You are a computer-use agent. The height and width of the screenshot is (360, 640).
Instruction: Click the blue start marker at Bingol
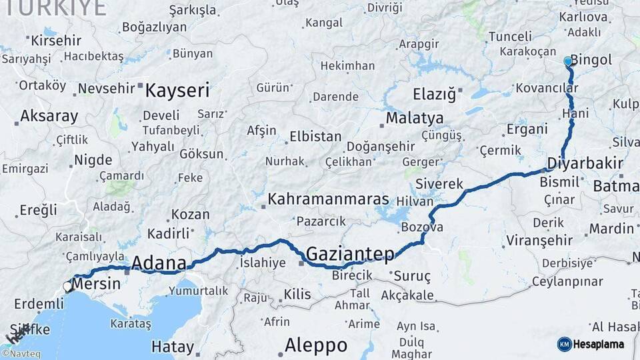click(568, 61)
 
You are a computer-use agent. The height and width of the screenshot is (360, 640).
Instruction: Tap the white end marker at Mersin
click(67, 287)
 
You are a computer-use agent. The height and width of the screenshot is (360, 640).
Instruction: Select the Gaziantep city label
click(349, 253)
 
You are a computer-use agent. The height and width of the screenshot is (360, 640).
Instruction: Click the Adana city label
click(159, 263)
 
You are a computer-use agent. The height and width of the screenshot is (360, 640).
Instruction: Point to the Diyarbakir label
click(585, 163)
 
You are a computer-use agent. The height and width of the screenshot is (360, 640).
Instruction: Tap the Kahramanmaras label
click(328, 199)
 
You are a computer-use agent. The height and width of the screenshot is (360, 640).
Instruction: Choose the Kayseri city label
click(177, 90)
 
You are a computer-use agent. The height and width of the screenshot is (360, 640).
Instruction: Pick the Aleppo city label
click(316, 345)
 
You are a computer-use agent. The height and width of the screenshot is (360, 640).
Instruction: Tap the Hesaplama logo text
click(599, 345)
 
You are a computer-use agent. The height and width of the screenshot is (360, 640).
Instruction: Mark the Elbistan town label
click(315, 137)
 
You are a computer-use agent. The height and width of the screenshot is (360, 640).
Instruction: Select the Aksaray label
click(49, 116)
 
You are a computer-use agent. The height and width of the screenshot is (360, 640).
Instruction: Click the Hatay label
click(173, 347)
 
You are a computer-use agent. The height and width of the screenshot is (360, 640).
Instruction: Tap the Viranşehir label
click(539, 240)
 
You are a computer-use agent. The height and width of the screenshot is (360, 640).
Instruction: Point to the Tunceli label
click(510, 37)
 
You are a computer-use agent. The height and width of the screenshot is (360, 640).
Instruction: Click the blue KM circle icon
click(564, 344)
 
